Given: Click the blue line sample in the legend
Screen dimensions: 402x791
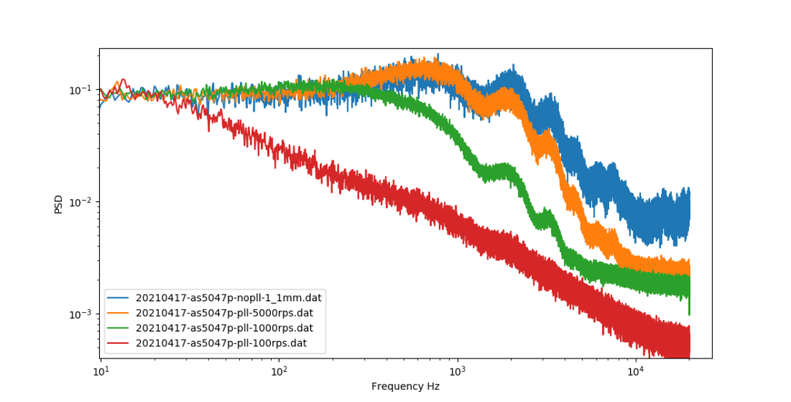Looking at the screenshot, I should click(x=120, y=297).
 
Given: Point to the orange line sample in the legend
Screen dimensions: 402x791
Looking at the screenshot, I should click(x=120, y=312).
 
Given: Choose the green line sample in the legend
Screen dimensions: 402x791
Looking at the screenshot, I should click(x=120, y=328).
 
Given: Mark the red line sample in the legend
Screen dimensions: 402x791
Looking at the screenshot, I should click(x=120, y=342).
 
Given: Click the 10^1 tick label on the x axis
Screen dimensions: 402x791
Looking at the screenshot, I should click(x=101, y=372).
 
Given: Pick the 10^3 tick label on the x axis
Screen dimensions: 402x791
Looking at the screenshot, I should click(x=457, y=372).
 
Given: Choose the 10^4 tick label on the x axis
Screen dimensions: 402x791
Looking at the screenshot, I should click(x=635, y=372).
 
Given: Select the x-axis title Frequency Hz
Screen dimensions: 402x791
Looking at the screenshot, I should click(x=406, y=387).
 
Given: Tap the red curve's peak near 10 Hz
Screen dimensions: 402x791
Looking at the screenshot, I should click(x=122, y=80).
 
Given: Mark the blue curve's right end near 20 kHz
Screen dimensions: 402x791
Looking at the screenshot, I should click(x=688, y=209).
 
